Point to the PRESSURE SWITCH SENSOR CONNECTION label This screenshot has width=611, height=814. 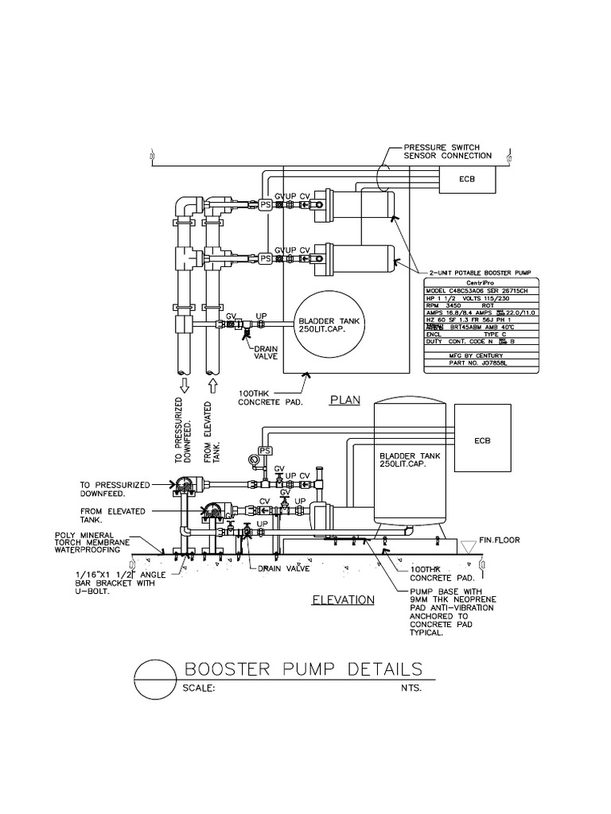447,151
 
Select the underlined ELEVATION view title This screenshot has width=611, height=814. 343,599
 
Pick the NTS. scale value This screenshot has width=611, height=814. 411,688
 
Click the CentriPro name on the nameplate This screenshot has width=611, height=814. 480,283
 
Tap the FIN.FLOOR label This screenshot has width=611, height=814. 498,541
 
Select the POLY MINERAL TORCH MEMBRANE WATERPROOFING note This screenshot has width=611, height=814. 87,542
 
